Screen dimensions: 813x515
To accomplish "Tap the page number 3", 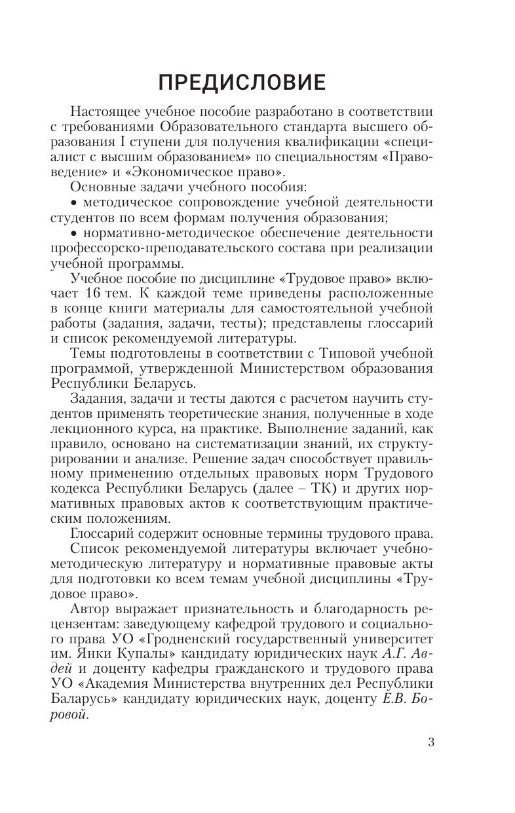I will (x=430, y=742).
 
